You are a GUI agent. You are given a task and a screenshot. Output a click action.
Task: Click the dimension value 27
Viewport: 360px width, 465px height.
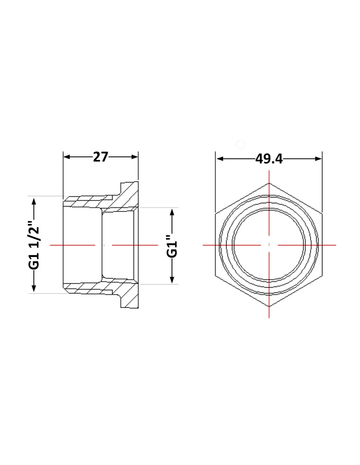click(100, 157)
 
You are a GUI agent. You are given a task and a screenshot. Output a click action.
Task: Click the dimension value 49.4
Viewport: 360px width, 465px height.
click(269, 159)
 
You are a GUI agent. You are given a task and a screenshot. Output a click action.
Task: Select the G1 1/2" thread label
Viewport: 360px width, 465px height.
click(34, 245)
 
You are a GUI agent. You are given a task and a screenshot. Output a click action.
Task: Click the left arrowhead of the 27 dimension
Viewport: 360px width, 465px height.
click(67, 157)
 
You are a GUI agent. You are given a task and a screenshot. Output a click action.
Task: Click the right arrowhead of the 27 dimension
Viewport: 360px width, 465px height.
click(135, 157)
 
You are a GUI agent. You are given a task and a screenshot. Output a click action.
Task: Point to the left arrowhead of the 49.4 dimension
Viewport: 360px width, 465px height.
click(220, 159)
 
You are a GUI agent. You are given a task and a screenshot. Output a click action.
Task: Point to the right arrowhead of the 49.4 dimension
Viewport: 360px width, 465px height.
click(318, 159)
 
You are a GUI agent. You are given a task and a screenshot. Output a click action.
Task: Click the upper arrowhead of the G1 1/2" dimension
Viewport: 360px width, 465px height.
click(34, 201)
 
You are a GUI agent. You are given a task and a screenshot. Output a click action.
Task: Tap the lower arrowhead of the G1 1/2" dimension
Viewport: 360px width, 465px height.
click(34, 288)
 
